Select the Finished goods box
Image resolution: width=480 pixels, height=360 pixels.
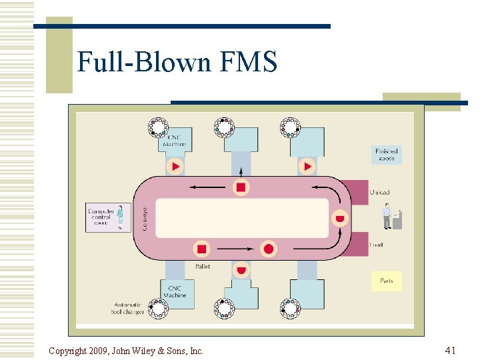click(x=387, y=155)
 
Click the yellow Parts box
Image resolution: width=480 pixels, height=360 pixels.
click(x=387, y=281)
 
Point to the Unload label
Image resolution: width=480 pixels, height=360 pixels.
click(x=379, y=193)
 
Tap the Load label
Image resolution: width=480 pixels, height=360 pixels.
click(x=377, y=245)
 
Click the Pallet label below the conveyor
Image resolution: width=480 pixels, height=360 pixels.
click(x=203, y=265)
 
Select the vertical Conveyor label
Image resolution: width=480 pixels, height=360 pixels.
click(x=145, y=217)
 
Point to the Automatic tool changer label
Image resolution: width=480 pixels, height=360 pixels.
click(x=128, y=308)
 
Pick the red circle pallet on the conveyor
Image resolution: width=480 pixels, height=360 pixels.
click(x=268, y=249)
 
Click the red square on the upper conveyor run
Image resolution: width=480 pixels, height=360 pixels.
click(x=241, y=187)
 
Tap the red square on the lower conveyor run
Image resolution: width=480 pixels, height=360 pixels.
click(x=202, y=249)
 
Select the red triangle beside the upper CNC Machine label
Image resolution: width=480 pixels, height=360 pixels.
click(x=175, y=166)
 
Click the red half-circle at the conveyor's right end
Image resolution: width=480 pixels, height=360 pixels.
click(x=339, y=219)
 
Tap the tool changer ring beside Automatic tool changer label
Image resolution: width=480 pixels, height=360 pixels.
click(x=158, y=308)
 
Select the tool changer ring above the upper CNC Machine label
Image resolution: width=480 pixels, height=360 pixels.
click(x=158, y=127)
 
